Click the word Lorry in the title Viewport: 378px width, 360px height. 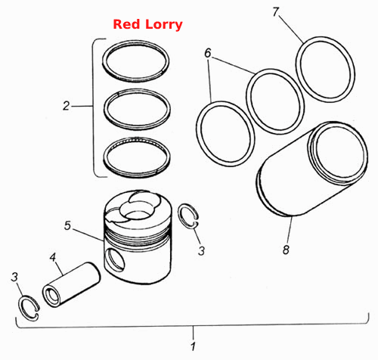(164, 25)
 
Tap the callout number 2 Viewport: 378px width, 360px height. (66, 106)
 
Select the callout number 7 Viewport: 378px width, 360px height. (276, 12)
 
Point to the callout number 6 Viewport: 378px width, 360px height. (208, 53)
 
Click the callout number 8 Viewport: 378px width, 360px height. (286, 250)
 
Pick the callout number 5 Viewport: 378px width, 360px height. (67, 225)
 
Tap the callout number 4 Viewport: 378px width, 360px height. (53, 257)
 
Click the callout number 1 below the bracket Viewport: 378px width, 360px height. (193, 346)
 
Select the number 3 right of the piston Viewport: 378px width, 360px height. (201, 251)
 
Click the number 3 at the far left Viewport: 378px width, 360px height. (14, 277)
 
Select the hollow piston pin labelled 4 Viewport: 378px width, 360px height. (72, 284)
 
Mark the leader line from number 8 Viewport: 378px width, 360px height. (290, 230)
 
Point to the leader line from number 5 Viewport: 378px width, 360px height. (88, 235)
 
